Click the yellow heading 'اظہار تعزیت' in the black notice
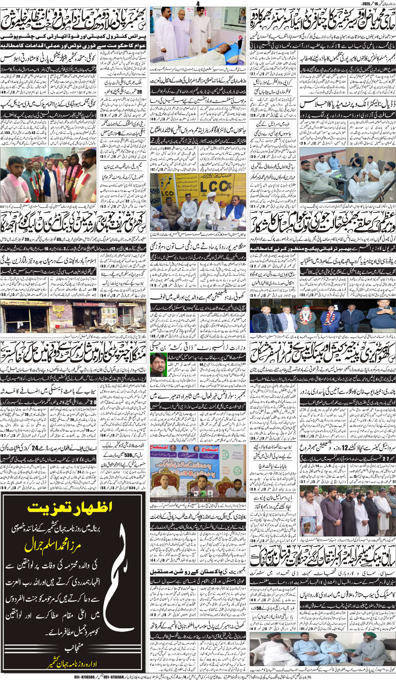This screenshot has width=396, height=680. tap(70, 507)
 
